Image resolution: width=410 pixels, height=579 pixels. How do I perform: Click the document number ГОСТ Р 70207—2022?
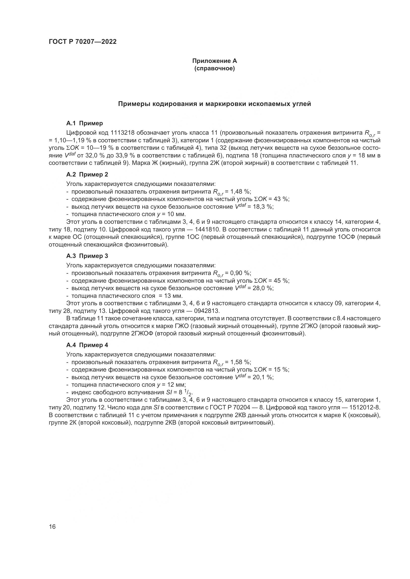(83, 42)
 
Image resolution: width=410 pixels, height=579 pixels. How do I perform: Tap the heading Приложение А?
(214, 61)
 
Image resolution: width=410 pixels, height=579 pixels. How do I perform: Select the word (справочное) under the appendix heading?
(214, 69)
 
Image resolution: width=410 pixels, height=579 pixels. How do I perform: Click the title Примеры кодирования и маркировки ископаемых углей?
(214, 104)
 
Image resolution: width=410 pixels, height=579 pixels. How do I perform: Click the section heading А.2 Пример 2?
(87, 175)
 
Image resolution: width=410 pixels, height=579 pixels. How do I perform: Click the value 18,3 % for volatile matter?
(263, 207)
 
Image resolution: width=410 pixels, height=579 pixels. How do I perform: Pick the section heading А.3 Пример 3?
(87, 256)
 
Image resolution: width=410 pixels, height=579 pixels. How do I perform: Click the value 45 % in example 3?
(281, 281)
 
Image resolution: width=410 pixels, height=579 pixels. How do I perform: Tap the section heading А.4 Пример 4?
(87, 345)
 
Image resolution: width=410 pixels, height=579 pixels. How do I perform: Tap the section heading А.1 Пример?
(84, 123)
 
